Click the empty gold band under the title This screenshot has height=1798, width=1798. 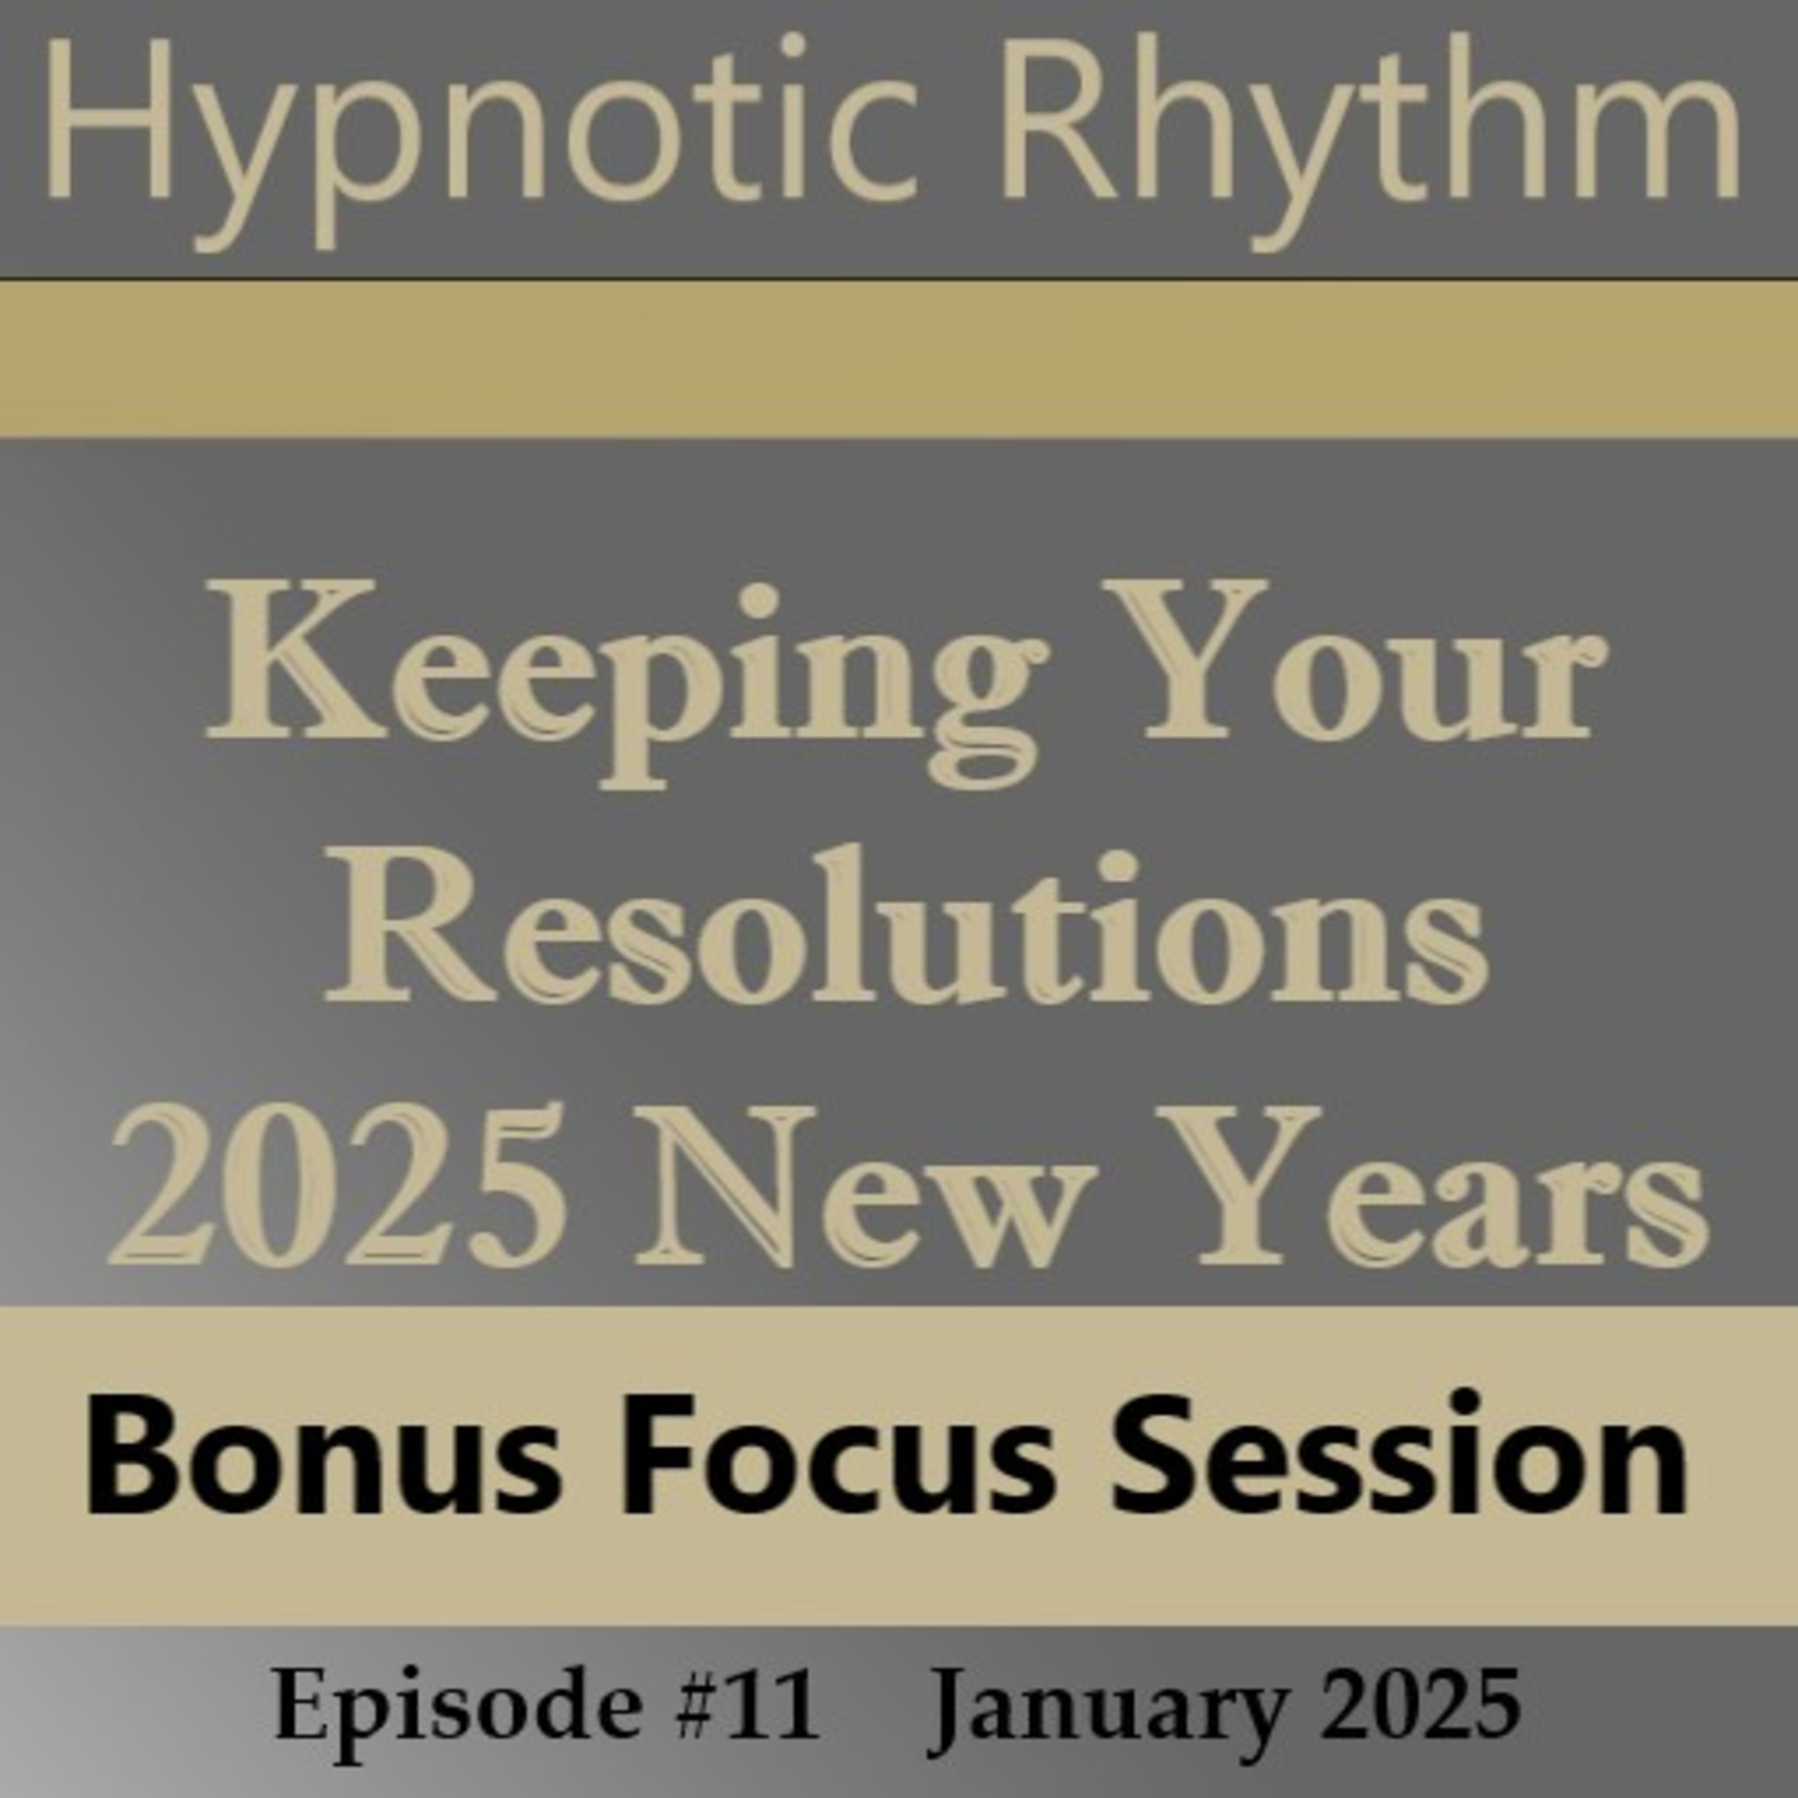(x=899, y=358)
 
